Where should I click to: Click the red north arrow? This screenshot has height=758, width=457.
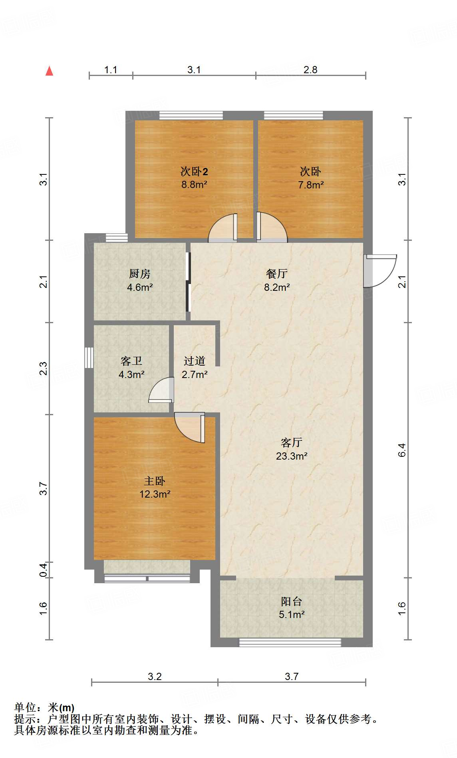pos(50,71)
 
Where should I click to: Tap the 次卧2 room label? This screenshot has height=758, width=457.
pos(194,172)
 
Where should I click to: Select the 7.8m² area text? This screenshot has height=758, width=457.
pos(311,185)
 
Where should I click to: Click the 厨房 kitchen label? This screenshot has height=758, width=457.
pos(140,274)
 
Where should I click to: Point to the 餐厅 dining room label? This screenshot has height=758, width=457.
pos(276,274)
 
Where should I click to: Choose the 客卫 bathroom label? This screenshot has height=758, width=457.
pos(131,361)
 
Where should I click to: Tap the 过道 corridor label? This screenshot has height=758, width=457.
pos(195,361)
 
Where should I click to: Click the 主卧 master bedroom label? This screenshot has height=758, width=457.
pos(155,481)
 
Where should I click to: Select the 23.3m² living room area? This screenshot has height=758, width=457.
pos(292,456)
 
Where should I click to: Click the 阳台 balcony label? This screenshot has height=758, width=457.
pos(292,601)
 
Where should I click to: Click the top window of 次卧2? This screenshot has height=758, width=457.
pos(191,116)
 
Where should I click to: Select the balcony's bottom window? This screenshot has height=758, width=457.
pos(290,642)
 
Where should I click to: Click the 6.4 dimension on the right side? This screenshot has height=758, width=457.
pos(402,450)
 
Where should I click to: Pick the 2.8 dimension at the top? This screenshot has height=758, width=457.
pos(310,70)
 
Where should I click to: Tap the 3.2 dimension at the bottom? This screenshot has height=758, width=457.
pos(155,676)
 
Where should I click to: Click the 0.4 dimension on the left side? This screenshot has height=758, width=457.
pos(44,570)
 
